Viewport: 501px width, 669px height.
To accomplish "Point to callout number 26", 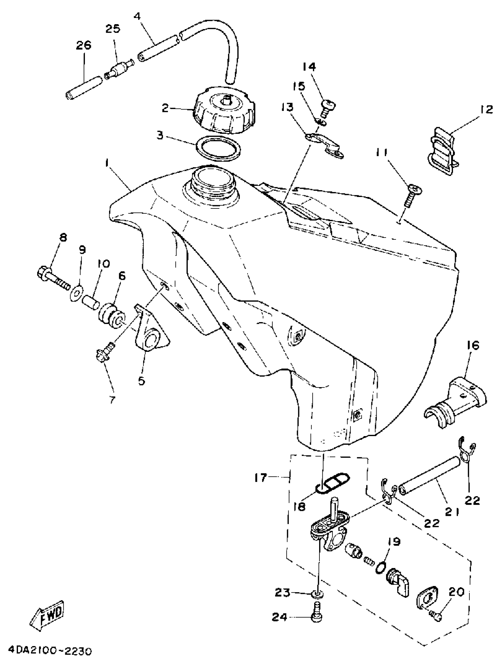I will [x=83, y=45].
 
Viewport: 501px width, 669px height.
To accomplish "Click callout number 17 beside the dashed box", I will [x=261, y=478].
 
